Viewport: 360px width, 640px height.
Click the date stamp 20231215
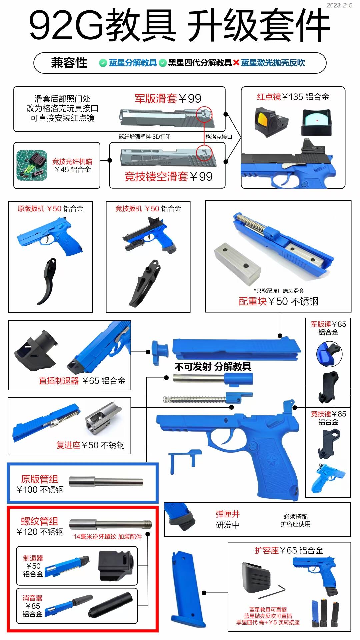339,5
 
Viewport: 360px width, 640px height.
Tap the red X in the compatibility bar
236,63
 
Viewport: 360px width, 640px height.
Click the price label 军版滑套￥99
168,98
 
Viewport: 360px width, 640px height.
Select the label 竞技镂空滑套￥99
168,176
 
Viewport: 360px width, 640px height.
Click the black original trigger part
48,281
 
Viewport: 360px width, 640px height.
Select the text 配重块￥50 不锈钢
278,301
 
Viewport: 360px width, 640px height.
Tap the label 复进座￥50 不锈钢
90,445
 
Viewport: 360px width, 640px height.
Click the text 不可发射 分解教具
213,367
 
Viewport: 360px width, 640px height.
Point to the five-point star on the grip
269,462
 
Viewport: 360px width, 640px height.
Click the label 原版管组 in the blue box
39,479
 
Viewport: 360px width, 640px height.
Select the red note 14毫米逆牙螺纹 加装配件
107,537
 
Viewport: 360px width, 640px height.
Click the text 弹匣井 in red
228,514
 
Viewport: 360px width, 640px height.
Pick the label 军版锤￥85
328,324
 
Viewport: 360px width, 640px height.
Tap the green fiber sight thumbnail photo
32,165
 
